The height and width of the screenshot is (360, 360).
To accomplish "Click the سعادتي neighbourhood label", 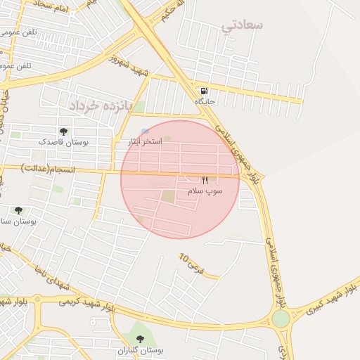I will (x=243, y=25).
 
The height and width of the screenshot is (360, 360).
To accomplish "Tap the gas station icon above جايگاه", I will (x=204, y=91).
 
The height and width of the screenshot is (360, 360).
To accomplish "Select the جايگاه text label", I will (x=205, y=102).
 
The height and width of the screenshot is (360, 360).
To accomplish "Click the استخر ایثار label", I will (x=144, y=142).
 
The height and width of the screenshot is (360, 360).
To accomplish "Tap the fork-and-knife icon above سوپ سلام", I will (x=205, y=181).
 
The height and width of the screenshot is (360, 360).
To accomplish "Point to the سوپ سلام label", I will (x=205, y=191).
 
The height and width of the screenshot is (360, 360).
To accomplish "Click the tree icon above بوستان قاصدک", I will (x=64, y=131).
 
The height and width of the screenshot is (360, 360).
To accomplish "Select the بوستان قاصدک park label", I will (x=64, y=142).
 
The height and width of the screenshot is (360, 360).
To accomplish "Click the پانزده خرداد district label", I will (x=91, y=105).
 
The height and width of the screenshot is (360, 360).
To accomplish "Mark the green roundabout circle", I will (x=281, y=319).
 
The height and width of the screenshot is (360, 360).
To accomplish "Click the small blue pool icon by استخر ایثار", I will (x=145, y=131).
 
